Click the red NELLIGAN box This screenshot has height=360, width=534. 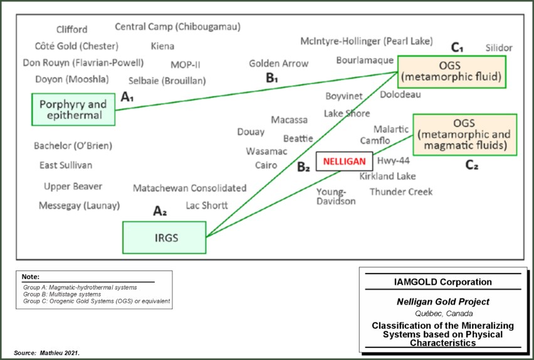[x=344, y=161]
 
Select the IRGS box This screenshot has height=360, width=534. [x=164, y=238]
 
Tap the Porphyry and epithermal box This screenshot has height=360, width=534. [x=74, y=109]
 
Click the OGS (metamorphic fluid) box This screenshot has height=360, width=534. [x=451, y=71]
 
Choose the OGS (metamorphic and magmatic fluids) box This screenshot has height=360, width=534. [x=464, y=134]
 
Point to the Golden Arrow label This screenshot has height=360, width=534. [x=279, y=63]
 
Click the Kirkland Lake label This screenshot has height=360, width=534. [x=387, y=176]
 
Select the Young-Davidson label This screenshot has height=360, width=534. [x=336, y=196]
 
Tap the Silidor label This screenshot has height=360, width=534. [x=499, y=48]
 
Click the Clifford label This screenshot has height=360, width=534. [x=72, y=29]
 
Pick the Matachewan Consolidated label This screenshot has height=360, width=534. [x=189, y=188]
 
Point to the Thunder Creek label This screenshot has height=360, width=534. [x=401, y=191]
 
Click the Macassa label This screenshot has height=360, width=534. [x=290, y=120]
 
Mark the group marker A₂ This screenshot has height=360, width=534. [x=160, y=211]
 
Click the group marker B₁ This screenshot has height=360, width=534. [x=272, y=78]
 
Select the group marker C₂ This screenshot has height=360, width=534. [x=472, y=166]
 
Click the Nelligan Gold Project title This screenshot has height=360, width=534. [x=442, y=302]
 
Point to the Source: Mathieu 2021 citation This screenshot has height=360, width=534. [x=47, y=353]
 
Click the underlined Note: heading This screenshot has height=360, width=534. [x=30, y=277]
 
